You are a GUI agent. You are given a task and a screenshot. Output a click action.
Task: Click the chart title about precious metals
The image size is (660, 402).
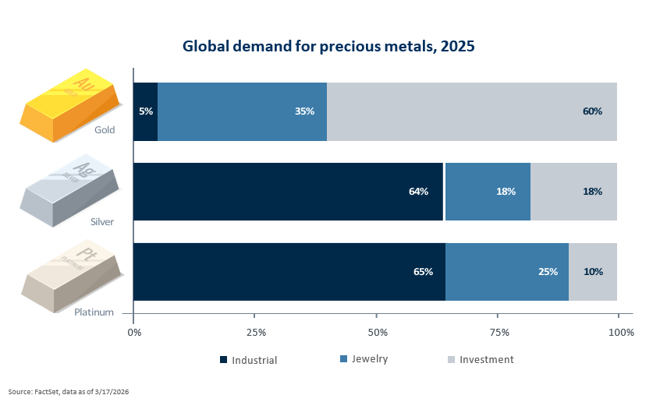(328, 46)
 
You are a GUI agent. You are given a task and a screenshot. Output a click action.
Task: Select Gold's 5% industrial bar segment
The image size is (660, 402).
(146, 111)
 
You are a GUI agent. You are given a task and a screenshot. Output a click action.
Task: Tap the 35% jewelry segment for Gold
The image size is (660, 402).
(242, 111)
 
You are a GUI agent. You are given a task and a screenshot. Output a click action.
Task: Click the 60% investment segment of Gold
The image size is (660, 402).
(472, 111)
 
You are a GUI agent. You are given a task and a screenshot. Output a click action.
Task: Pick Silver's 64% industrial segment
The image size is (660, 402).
(288, 192)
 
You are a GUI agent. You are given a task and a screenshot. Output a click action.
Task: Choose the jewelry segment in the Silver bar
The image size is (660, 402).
(488, 192)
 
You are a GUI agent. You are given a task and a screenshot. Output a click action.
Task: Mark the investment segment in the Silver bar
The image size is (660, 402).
(574, 192)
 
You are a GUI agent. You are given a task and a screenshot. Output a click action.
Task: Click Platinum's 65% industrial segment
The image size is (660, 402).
(289, 272)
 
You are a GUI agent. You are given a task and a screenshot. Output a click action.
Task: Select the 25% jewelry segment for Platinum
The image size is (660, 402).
(507, 272)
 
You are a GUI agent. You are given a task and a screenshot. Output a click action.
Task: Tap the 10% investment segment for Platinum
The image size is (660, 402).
(593, 272)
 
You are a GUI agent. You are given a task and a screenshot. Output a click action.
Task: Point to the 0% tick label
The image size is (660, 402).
(134, 333)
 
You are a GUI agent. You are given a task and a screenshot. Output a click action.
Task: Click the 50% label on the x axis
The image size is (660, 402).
(377, 333)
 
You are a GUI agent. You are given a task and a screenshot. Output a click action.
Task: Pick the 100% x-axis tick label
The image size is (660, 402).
(621, 333)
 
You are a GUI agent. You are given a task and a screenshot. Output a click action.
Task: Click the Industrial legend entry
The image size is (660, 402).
(249, 360)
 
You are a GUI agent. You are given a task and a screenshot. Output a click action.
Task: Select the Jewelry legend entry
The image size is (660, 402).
(364, 359)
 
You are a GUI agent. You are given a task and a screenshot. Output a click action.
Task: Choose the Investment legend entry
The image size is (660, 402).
(481, 359)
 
